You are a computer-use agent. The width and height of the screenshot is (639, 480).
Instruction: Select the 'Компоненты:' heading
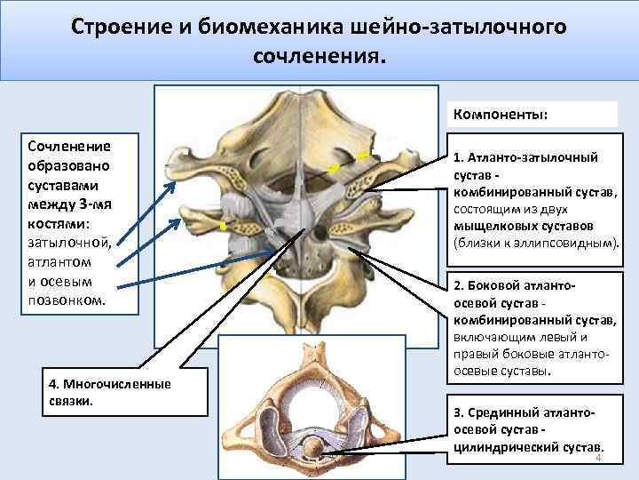tap(500, 115)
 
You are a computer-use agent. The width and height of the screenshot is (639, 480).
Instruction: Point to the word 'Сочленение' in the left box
tap(69, 146)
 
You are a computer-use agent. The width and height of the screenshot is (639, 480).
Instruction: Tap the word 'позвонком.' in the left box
tap(67, 301)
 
